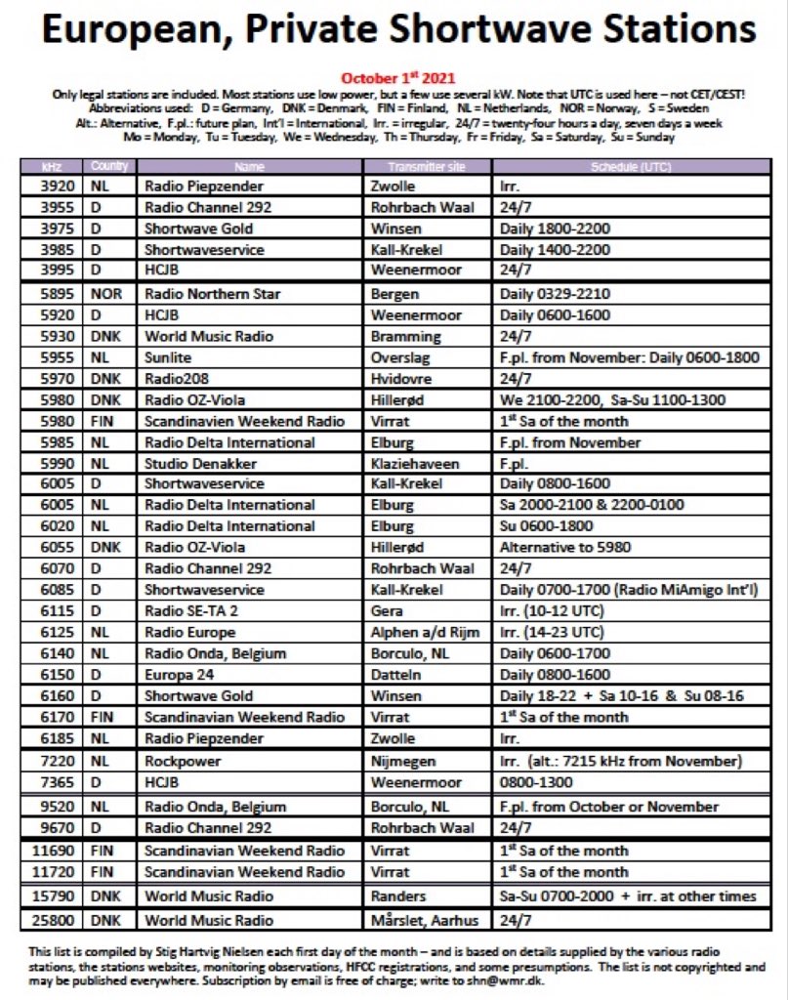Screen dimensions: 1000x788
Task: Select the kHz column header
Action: coord(53,166)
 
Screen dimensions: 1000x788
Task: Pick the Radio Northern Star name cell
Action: coord(213,294)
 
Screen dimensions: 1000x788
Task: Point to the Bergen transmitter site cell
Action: coord(394,294)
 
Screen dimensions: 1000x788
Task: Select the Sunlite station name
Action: coord(168,358)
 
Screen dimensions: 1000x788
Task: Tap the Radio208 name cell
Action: coord(174,379)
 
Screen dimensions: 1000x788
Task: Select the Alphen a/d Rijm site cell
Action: coord(425,632)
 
